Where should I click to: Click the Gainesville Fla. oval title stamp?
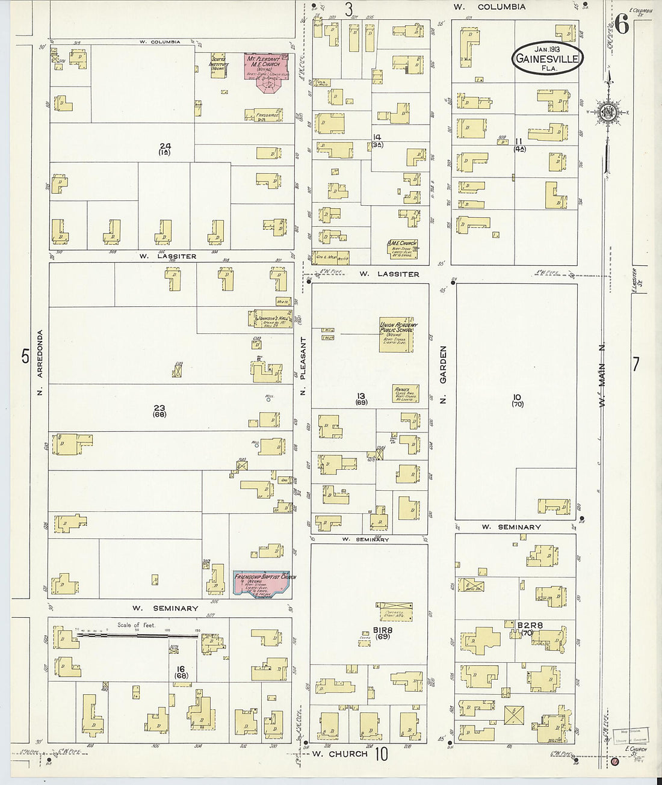(547, 58)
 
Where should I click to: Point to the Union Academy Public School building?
(398, 334)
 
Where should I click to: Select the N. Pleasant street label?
(303, 366)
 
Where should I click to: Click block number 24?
(164, 146)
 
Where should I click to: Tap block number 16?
(180, 669)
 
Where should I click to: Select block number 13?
(360, 396)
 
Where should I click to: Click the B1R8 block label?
(383, 630)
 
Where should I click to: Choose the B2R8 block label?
(530, 626)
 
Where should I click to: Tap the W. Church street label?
(339, 753)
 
